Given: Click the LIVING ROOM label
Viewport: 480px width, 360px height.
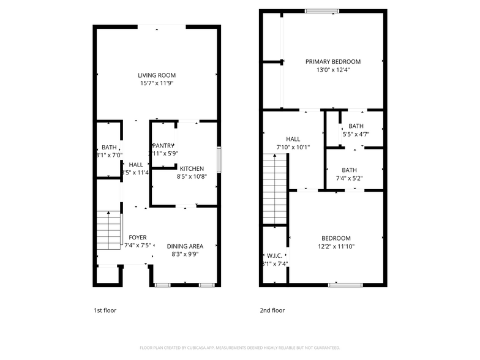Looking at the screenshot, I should (157, 75).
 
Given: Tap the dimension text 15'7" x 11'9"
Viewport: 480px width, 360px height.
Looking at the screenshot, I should (157, 84).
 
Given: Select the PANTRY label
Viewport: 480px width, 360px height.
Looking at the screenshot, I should (163, 145).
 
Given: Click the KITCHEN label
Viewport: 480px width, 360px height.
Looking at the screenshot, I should (192, 169).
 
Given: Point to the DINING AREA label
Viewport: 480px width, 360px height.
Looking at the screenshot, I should (185, 246).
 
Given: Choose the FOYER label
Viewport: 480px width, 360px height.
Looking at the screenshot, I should (137, 237).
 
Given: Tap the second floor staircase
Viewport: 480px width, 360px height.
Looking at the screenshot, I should (275, 190).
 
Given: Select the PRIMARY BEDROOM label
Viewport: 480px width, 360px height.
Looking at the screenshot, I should (333, 62).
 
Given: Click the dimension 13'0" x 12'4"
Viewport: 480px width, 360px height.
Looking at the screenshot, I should (333, 70).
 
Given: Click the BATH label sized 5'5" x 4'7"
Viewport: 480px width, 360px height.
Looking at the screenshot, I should (356, 126).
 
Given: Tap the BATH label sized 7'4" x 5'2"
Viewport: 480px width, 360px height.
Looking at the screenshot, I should (349, 171).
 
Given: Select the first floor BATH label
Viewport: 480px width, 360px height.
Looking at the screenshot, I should (109, 148).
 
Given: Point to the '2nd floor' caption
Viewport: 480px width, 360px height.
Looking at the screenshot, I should (272, 310).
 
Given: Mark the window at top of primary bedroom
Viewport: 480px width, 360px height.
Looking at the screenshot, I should (322, 10).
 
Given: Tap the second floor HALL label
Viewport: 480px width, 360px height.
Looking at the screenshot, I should (293, 139).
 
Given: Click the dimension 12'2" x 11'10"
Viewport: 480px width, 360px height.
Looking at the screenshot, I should (336, 247).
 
